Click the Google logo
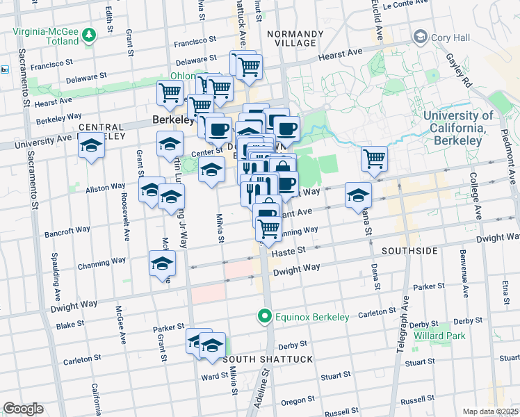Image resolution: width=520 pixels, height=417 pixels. click(23, 408)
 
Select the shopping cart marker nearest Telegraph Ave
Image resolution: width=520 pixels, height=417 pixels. click(374, 159)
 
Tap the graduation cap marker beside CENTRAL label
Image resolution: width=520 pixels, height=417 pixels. click(90, 147)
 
